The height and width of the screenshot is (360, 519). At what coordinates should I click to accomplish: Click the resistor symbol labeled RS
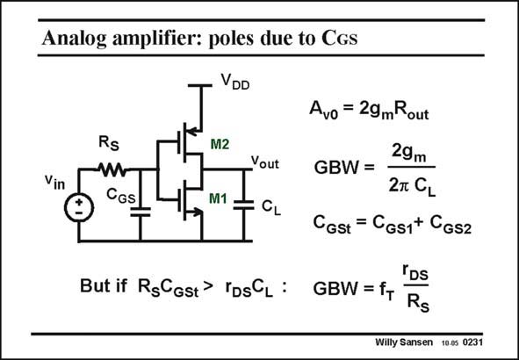112,170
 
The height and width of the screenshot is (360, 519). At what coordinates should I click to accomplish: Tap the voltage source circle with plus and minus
79,207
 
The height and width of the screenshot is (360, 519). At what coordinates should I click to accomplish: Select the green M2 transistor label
220,144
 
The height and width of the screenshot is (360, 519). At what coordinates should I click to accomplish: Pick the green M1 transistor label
218,198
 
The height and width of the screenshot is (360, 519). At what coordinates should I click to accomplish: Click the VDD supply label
235,81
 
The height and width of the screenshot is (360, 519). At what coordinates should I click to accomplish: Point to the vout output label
265,162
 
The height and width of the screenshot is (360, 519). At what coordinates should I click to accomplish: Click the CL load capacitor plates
243,205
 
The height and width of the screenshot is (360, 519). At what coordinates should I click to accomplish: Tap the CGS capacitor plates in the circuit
141,212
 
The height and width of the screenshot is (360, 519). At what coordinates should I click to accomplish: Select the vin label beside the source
55,182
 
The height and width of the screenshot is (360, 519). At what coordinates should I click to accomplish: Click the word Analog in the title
74,39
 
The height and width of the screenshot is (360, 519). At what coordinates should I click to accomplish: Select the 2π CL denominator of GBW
412,186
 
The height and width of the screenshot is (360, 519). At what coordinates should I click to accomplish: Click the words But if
104,285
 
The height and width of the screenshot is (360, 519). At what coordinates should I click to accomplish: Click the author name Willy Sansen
404,342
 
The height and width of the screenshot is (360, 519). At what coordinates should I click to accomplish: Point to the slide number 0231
472,342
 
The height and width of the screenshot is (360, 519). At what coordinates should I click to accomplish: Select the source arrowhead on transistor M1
198,212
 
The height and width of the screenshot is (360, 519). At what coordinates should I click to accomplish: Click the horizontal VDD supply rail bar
200,85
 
